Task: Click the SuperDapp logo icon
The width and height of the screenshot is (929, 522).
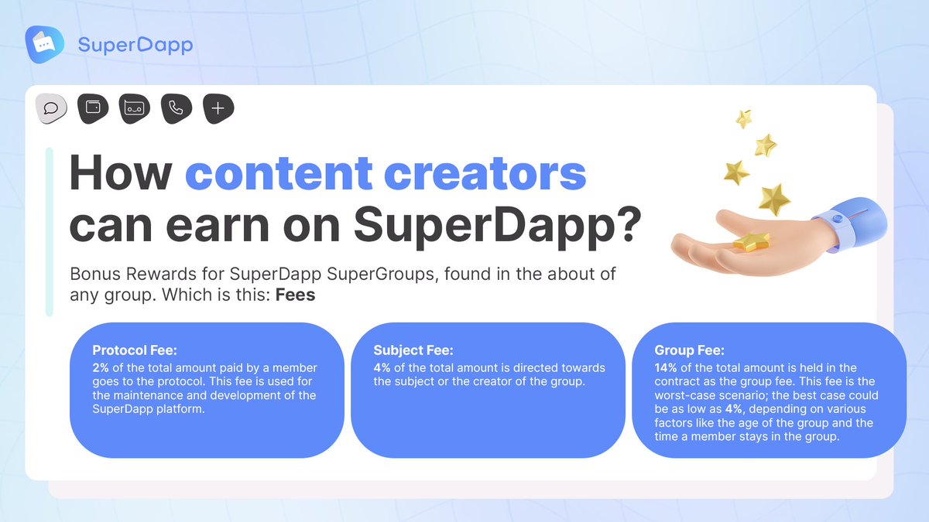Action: (x=44, y=44)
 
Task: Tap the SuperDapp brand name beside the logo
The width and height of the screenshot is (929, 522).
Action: (x=135, y=45)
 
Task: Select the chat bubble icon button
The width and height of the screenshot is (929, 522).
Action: (x=51, y=108)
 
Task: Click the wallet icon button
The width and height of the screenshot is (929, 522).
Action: (x=93, y=108)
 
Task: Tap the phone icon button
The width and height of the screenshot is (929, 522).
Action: (x=177, y=108)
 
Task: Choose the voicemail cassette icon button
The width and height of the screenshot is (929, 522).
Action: (x=135, y=108)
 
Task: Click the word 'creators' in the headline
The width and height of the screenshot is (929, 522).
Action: (x=485, y=173)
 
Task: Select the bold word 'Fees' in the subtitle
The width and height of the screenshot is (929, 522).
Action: (x=295, y=295)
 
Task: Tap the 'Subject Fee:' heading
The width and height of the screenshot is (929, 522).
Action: (x=413, y=350)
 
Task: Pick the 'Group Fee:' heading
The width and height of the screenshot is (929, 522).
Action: (x=689, y=350)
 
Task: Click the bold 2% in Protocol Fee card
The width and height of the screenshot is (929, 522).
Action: (x=101, y=367)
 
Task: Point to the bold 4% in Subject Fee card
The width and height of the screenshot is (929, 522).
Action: (x=382, y=367)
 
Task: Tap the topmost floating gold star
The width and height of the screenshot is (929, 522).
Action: (x=744, y=118)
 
